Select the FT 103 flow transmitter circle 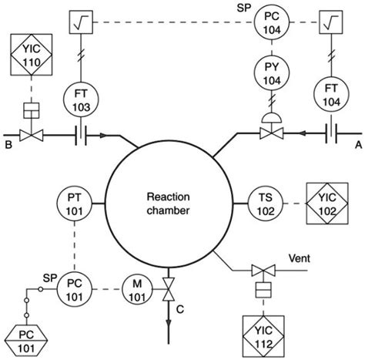pos(82,98)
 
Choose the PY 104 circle pos(266,75)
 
